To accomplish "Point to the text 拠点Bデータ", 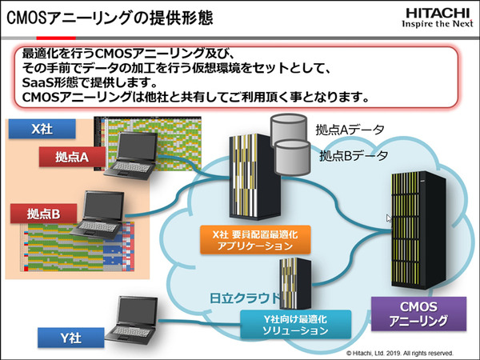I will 353,155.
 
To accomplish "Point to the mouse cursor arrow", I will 389,218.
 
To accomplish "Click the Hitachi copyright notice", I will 399,352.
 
